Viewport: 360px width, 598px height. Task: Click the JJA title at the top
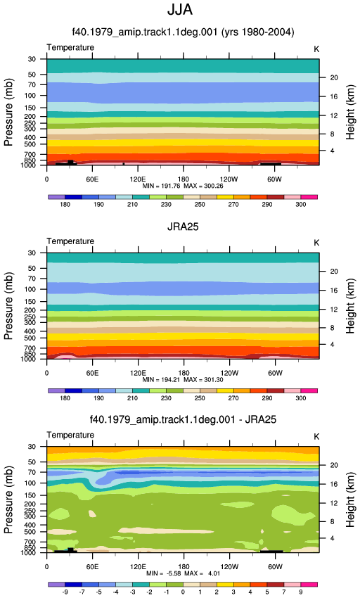(180, 10)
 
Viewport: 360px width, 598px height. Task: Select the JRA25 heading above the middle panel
(183, 227)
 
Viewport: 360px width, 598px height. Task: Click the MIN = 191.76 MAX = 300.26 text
(183, 186)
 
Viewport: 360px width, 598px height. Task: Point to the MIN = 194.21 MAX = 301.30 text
(183, 380)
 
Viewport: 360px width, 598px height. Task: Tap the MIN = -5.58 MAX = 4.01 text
(184, 573)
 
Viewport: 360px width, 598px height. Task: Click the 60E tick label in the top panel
(92, 179)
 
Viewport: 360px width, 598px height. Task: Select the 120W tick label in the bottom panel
(229, 567)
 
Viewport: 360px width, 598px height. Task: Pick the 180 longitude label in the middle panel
(184, 373)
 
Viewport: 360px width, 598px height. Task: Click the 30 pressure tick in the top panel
(32, 59)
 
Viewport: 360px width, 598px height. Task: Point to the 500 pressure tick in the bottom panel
(30, 532)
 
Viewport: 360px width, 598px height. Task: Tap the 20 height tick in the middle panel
(334, 272)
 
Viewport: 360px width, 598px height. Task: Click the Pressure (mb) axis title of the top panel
(8, 112)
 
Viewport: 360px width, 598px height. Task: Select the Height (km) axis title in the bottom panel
(350, 500)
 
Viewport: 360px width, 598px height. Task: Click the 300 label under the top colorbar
(300, 205)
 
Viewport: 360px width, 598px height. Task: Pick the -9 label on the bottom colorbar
(65, 592)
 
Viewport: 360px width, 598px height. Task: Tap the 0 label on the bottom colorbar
(183, 592)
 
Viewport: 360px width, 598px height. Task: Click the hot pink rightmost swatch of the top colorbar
(309, 197)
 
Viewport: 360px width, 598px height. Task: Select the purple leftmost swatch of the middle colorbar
(57, 391)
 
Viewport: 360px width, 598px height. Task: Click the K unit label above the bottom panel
(316, 437)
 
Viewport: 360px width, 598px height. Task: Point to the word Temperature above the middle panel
(70, 241)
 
